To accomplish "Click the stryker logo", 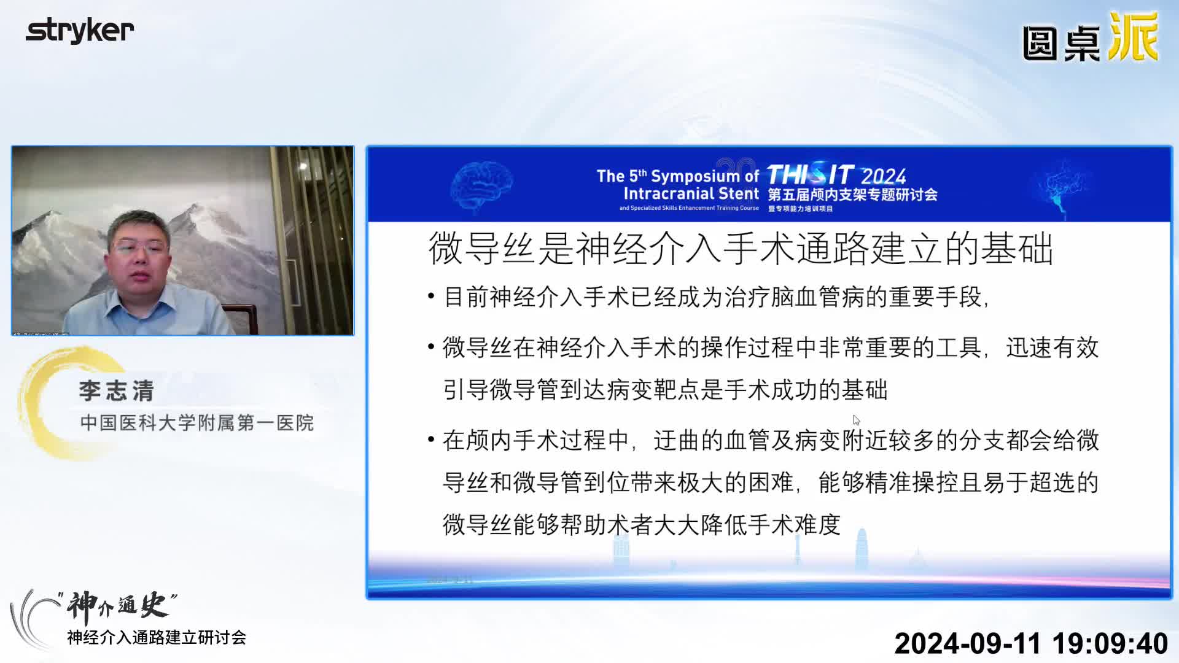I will tap(80, 31).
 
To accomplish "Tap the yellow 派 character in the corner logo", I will tap(1133, 38).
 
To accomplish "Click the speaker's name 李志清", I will tap(117, 391).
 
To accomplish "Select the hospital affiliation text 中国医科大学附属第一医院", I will tap(196, 423).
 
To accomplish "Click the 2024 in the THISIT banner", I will tap(883, 177).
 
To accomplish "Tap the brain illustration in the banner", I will tap(481, 185).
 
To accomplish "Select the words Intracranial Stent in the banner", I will tap(691, 194).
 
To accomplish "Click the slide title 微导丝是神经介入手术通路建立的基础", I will tap(741, 249).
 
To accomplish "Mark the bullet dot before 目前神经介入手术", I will tap(431, 298).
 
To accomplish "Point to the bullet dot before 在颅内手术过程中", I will tap(431, 441).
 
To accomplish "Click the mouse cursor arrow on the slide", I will tap(855, 420).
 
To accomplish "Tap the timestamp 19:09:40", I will tap(1110, 643).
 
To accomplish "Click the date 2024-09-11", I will tap(967, 643).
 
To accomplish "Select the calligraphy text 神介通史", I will tap(117, 605).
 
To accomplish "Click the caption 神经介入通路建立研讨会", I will tap(157, 638).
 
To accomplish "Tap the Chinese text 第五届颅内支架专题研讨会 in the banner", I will tap(852, 195).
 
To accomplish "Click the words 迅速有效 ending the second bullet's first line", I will tap(1052, 348).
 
